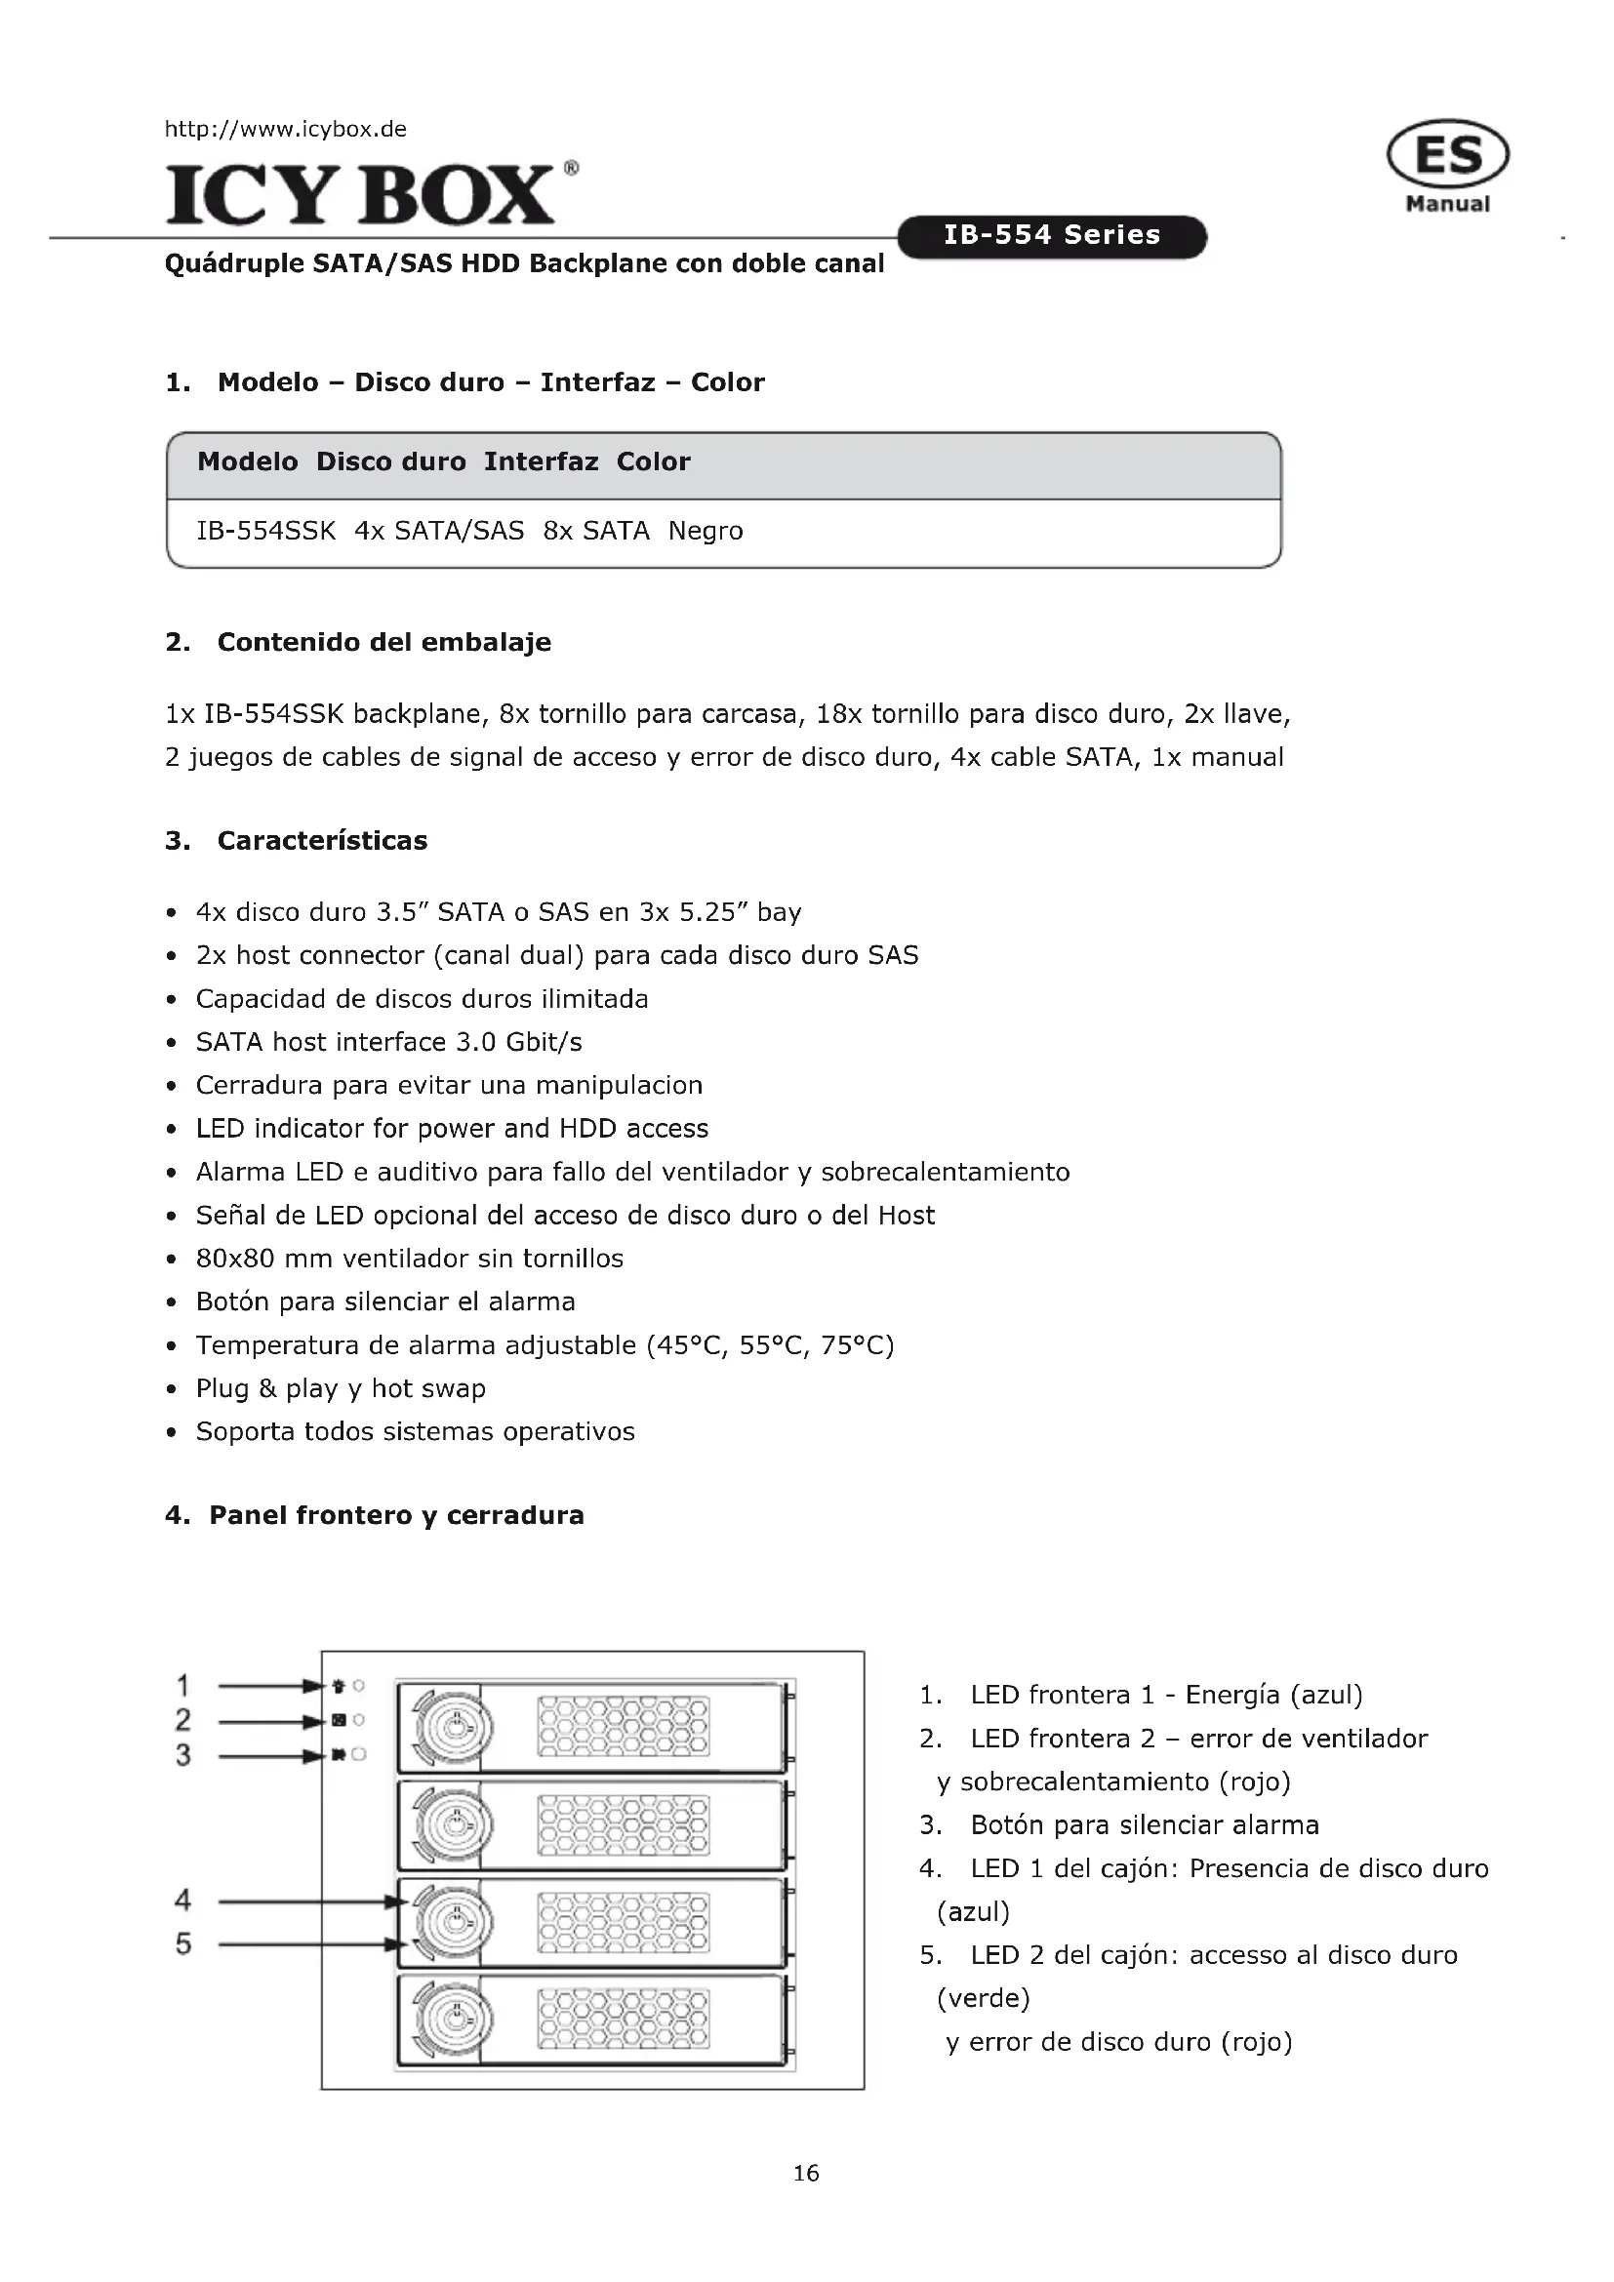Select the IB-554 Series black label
coord(1052,235)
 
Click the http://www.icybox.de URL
coord(285,129)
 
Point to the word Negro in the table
coord(705,531)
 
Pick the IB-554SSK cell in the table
coord(266,531)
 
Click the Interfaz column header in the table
coord(541,461)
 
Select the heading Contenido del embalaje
coord(383,642)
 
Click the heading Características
coord(322,841)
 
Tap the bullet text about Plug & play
coord(340,1388)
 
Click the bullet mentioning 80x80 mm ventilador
coord(410,1259)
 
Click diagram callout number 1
coord(182,1686)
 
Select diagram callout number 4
coord(182,1901)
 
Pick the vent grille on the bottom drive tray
coord(624,2020)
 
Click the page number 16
coord(806,2174)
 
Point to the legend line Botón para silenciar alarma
coord(1144,1824)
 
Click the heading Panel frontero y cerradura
coord(395,1516)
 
